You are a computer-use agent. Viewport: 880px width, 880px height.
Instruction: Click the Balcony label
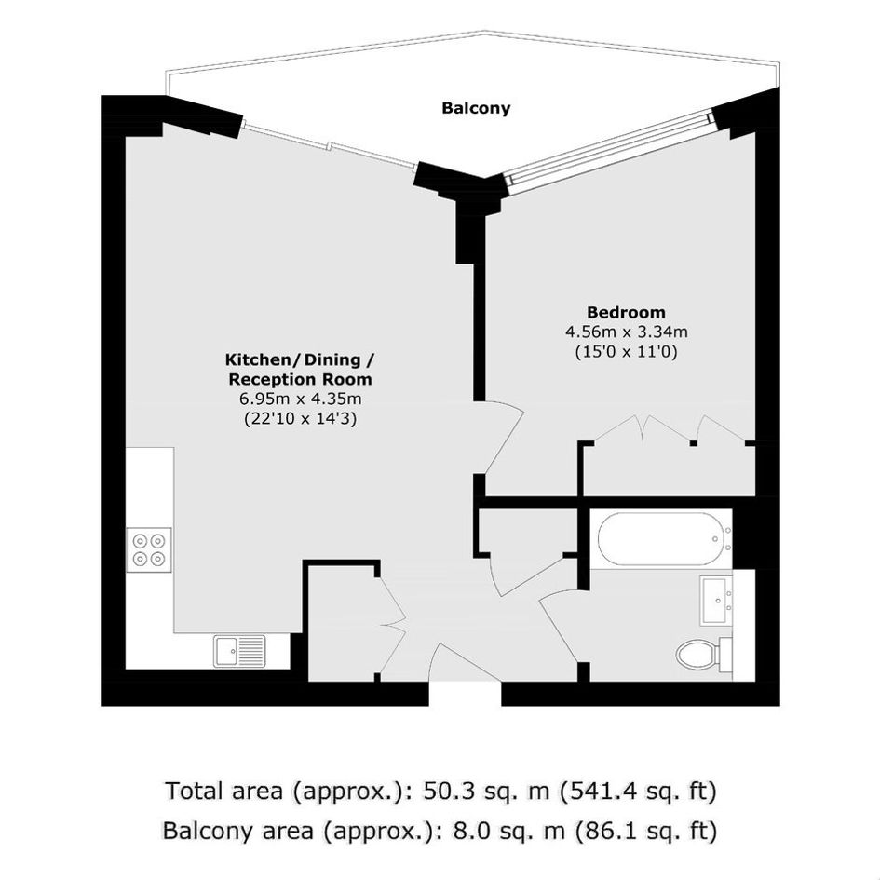tap(476, 108)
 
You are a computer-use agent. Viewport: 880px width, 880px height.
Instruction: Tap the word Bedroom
tap(626, 312)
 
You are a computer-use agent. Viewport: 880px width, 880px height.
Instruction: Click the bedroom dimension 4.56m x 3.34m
tap(627, 332)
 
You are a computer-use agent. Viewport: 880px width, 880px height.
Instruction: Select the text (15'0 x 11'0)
tap(627, 352)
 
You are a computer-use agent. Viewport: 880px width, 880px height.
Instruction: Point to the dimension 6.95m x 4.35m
tap(300, 399)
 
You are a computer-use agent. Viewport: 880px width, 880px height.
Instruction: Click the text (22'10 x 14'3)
tap(300, 419)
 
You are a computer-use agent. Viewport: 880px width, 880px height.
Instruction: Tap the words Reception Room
tap(300, 379)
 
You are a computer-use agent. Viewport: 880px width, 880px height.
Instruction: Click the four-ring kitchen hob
tap(149, 550)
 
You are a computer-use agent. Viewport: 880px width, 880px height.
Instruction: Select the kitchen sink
tap(239, 651)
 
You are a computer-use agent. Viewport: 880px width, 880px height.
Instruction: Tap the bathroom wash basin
tap(716, 601)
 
